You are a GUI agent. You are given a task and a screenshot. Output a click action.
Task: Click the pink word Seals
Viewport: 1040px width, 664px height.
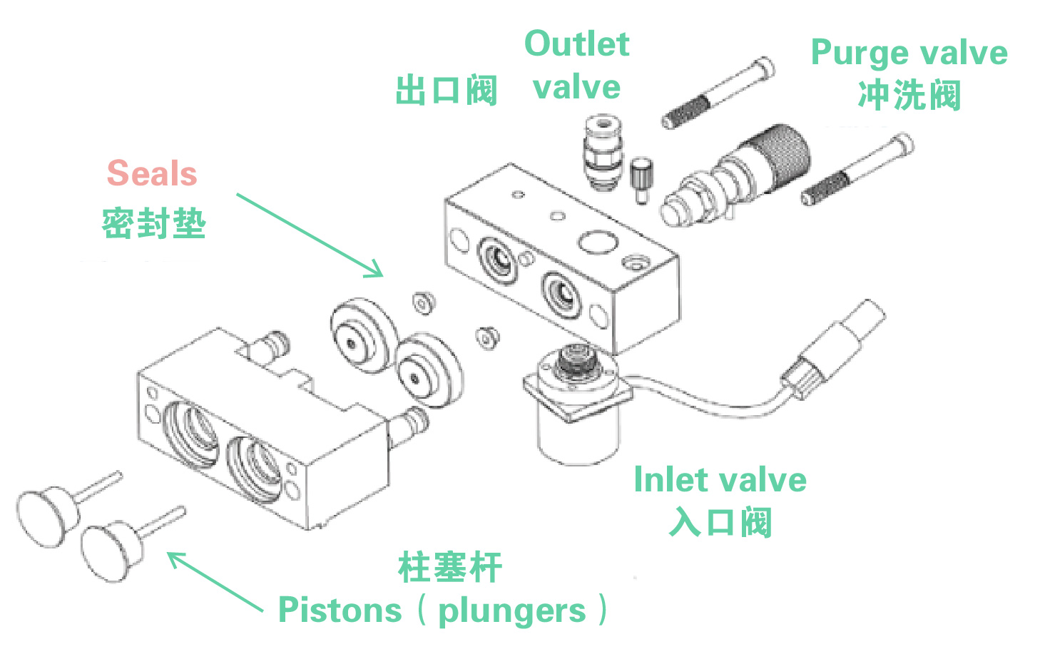151,173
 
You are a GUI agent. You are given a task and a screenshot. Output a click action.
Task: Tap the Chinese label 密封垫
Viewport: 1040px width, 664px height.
153,224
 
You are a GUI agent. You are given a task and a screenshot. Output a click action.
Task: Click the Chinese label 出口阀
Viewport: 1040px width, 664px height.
446,91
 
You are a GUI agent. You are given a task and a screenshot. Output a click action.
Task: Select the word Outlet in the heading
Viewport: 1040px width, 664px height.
576,44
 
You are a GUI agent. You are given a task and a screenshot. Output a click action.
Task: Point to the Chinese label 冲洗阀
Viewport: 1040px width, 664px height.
909,96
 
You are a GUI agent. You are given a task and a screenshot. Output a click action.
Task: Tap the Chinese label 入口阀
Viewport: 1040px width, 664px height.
720,523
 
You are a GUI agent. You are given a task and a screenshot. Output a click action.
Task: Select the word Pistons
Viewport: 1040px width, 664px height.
340,611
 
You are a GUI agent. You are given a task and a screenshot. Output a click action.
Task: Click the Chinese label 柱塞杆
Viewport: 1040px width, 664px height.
449,568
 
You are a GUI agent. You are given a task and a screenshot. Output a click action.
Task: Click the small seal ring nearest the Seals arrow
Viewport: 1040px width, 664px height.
423,302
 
